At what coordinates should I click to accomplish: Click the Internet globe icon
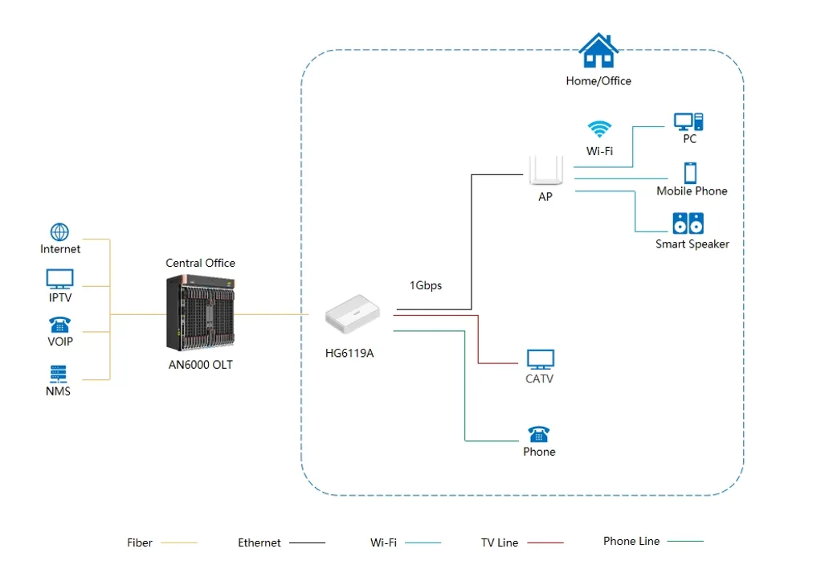(59, 231)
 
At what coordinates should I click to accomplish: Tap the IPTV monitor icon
(59, 279)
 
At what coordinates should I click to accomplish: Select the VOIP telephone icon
(59, 325)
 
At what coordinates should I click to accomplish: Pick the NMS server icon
(59, 374)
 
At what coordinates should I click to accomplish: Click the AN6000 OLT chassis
(200, 313)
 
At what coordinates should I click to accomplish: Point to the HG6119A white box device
(353, 314)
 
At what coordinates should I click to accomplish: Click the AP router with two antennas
(545, 170)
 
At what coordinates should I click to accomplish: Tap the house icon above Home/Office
(598, 51)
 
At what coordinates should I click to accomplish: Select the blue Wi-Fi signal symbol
(600, 129)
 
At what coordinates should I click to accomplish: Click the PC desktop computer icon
(688, 121)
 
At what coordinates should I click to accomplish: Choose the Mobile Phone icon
(690, 174)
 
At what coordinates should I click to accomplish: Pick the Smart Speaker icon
(688, 223)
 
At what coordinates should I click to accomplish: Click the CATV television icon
(541, 360)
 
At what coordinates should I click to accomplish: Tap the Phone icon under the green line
(539, 434)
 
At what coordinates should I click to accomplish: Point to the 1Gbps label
(426, 285)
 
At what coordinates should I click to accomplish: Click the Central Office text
(200, 263)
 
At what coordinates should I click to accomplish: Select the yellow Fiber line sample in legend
(179, 543)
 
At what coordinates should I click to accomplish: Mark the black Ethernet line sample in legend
(307, 543)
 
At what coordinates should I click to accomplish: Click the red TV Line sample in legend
(545, 543)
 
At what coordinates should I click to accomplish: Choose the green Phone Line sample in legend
(685, 542)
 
